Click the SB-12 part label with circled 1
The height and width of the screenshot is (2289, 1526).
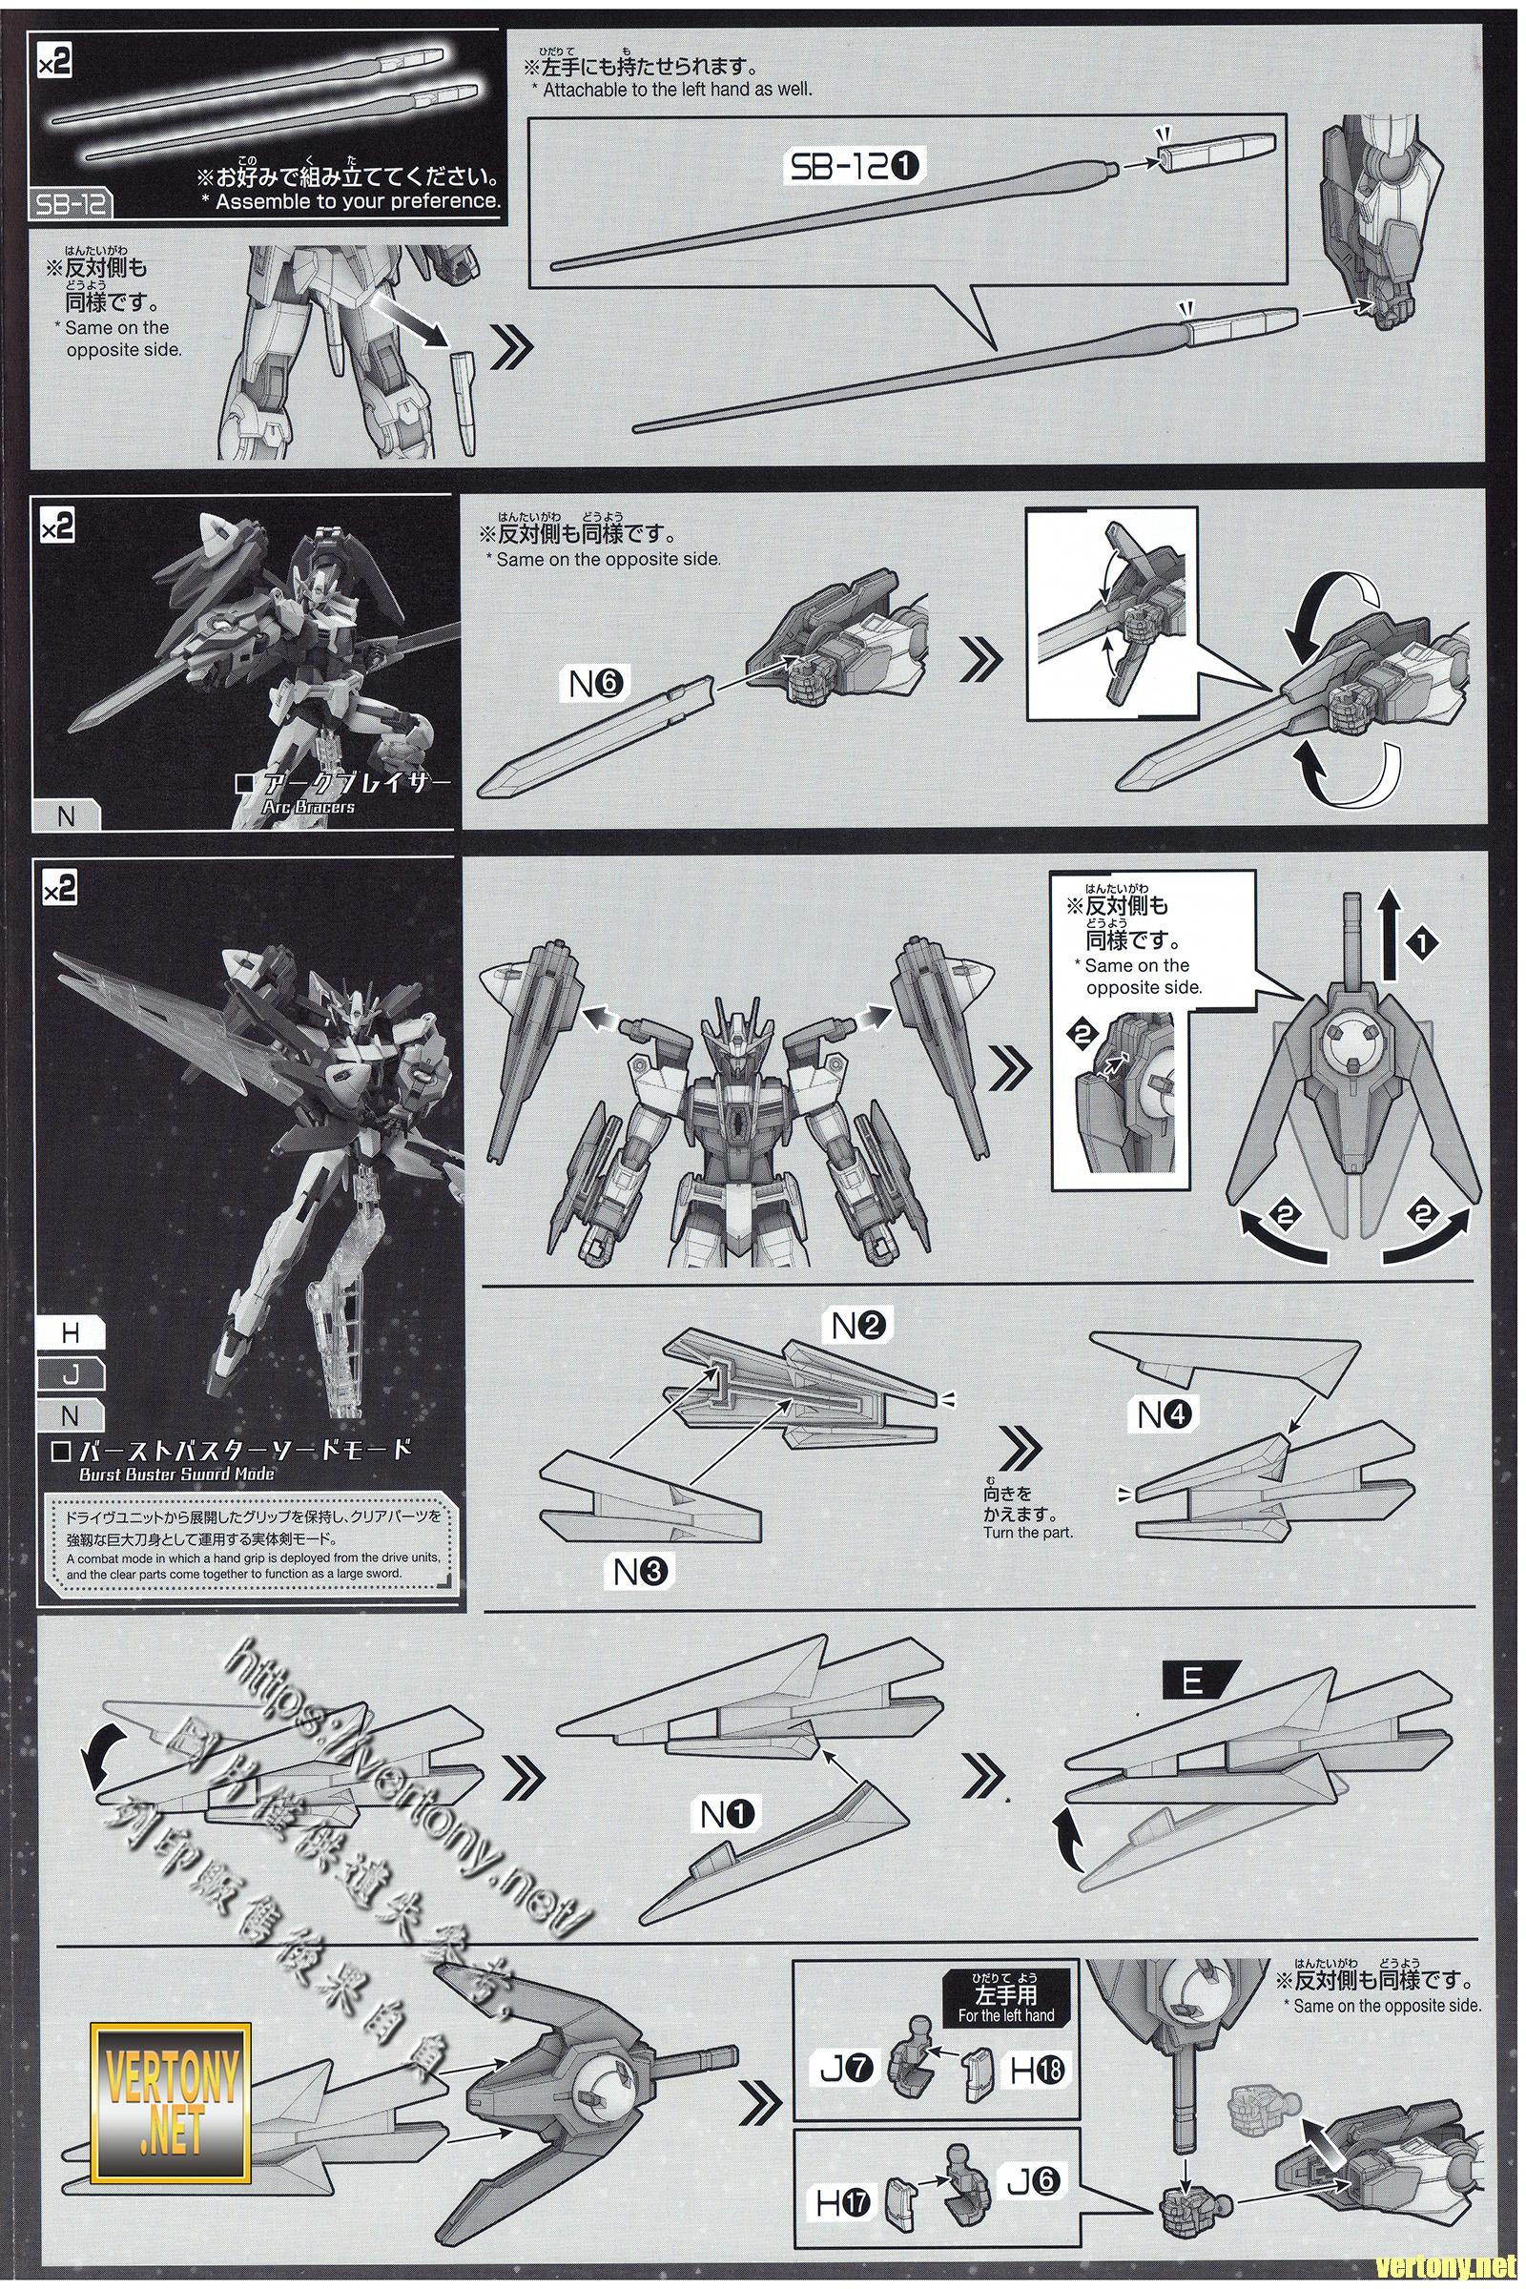coord(853,169)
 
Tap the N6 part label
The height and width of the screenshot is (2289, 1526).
coord(597,685)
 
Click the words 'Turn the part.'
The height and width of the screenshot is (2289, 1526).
coord(1028,1533)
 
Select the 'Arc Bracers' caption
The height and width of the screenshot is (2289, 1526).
coord(308,807)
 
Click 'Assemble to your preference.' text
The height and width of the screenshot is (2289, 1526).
coord(357,201)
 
